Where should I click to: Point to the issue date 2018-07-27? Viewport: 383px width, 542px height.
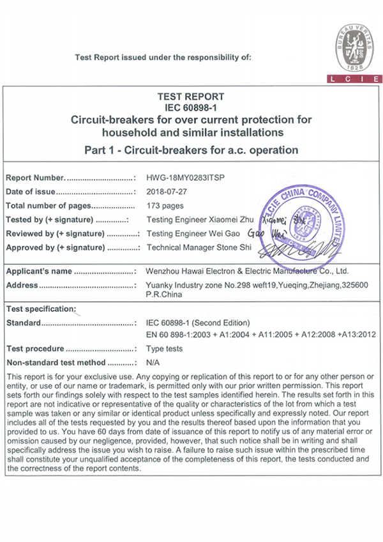[x=165, y=191]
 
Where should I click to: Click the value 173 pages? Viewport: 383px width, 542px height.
[x=165, y=205]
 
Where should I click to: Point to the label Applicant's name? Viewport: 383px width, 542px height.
[x=39, y=271]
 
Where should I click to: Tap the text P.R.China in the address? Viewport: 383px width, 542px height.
[x=164, y=295]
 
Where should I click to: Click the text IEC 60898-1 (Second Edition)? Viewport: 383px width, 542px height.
[x=199, y=323]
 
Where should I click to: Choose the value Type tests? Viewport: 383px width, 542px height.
[x=165, y=349]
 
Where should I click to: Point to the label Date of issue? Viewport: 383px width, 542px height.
[x=30, y=191]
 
